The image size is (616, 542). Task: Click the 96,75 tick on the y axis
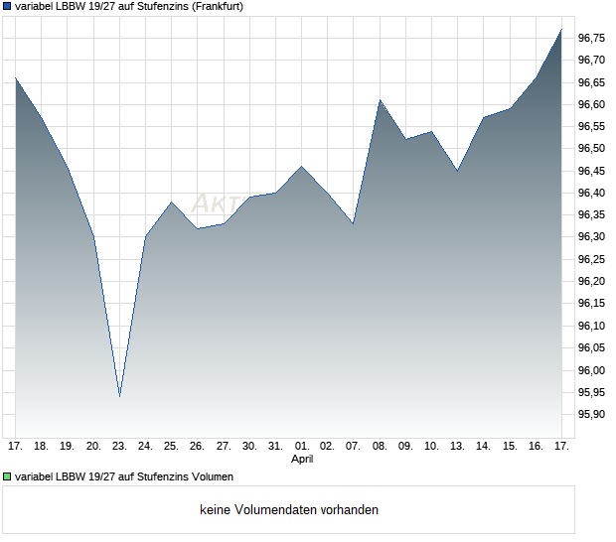591,38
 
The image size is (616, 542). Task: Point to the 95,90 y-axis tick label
591,415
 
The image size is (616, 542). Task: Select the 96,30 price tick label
591,237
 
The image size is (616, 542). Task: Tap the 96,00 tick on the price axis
591,370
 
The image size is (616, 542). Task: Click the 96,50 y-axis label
591,149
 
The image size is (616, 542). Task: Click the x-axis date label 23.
119,447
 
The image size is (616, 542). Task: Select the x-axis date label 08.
380,447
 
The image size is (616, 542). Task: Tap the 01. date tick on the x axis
302,447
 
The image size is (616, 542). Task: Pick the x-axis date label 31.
275,447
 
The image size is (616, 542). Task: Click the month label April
302,460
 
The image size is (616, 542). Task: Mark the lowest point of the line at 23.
119,396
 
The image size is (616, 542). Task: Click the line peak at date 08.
380,99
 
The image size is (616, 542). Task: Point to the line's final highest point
561,29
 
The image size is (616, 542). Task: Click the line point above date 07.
354,223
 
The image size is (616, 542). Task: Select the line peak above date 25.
172,202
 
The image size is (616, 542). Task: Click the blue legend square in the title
7,7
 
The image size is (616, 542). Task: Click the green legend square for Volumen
7,476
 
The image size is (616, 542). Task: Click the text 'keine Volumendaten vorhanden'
289,510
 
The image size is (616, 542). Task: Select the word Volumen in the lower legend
209,476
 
